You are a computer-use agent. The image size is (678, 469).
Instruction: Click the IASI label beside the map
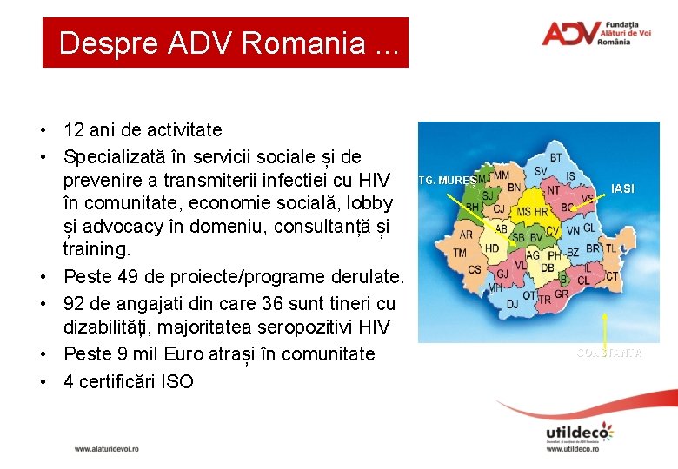622,188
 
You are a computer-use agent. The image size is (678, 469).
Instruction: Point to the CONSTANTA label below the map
609,353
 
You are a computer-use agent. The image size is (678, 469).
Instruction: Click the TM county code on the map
460,253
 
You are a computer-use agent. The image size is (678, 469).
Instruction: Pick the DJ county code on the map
513,303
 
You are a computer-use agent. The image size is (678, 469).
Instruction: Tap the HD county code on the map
492,248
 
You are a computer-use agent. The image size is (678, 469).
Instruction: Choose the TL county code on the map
610,248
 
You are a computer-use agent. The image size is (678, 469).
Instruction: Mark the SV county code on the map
541,170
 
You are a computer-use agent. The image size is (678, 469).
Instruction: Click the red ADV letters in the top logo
569,34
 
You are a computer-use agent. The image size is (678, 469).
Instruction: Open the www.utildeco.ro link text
579,449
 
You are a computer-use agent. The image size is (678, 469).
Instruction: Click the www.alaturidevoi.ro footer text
106,448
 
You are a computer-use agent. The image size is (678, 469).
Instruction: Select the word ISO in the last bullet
177,380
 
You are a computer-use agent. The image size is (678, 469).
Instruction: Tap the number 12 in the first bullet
74,130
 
